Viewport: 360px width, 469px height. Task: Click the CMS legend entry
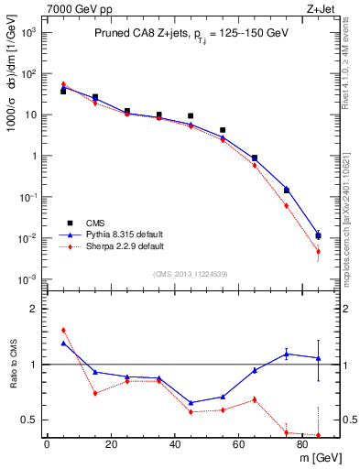pyautogui.click(x=94, y=222)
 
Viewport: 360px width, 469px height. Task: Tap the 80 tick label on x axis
pyautogui.click(x=302, y=444)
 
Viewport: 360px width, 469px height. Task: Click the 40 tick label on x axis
pyautogui.click(x=174, y=444)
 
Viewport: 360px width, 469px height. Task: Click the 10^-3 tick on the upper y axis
pyautogui.click(x=29, y=279)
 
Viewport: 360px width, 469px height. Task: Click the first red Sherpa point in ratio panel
pyautogui.click(x=63, y=330)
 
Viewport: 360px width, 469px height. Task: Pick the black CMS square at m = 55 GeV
pyautogui.click(x=223, y=131)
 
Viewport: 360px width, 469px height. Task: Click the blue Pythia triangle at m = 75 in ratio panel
pyautogui.click(x=287, y=354)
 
